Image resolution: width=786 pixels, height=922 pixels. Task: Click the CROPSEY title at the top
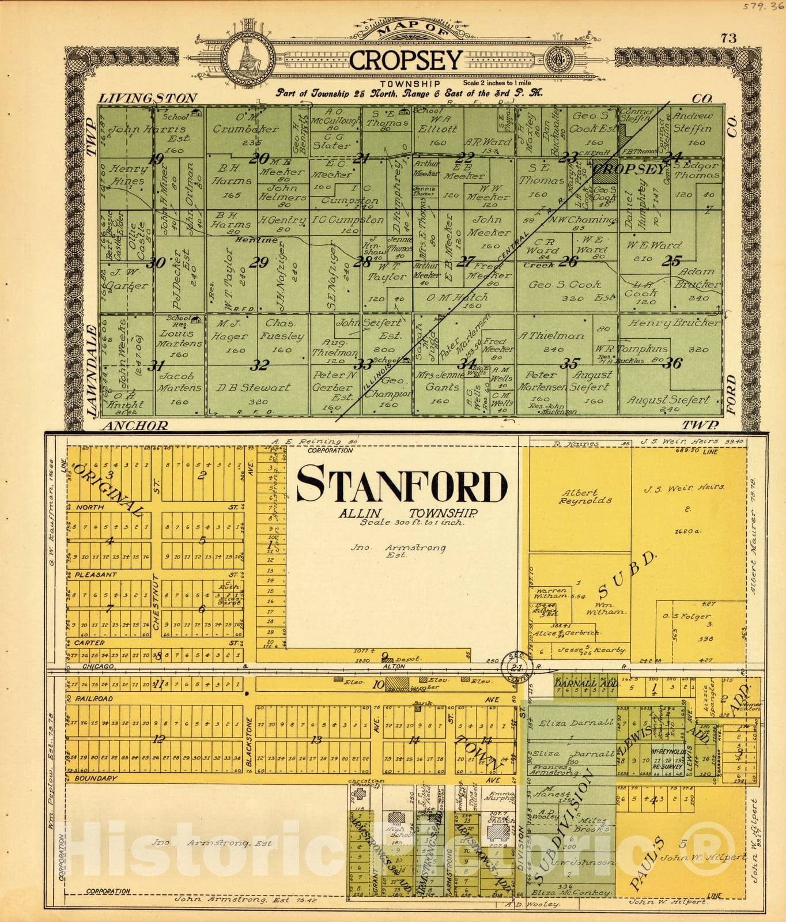click(406, 59)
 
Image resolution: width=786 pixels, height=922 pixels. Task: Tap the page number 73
click(728, 38)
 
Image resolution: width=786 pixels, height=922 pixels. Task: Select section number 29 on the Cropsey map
click(259, 263)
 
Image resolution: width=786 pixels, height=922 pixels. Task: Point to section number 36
click(672, 363)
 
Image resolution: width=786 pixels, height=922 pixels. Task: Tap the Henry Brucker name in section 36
click(674, 323)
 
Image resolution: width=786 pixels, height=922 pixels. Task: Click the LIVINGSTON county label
click(148, 98)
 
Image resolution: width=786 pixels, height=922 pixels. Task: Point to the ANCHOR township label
click(136, 425)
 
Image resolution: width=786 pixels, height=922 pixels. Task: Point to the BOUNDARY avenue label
click(92, 778)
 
